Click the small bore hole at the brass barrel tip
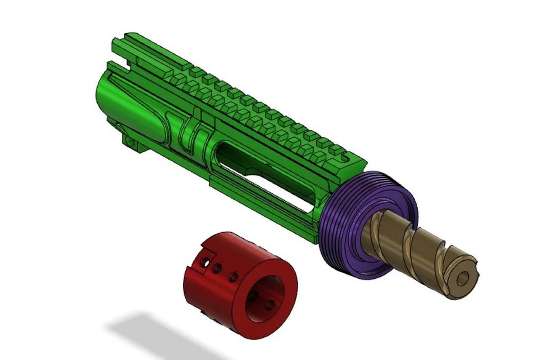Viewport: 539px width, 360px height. tap(464, 277)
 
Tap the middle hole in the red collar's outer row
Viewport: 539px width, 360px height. tap(218, 267)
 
